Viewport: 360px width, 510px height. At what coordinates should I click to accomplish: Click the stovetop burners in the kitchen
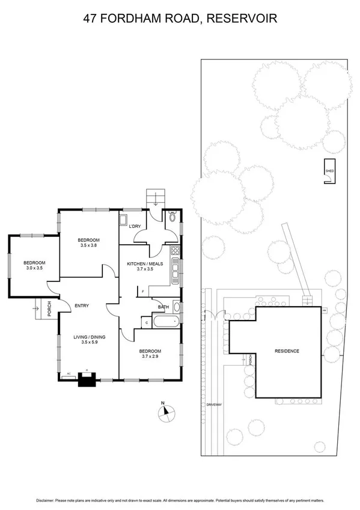tap(175, 251)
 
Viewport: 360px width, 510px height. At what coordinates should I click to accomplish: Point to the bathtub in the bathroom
tap(165, 322)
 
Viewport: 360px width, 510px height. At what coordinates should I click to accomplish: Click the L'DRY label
tap(135, 226)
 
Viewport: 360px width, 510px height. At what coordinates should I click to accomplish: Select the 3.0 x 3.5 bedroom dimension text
tap(34, 269)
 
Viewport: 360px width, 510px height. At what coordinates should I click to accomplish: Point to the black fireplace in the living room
tap(88, 379)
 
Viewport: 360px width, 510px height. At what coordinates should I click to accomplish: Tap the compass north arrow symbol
tap(166, 412)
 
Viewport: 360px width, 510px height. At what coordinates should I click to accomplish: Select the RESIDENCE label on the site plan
tap(287, 351)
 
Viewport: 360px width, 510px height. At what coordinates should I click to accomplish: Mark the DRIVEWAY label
tap(214, 405)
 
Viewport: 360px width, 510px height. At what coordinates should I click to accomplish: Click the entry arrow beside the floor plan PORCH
tap(38, 308)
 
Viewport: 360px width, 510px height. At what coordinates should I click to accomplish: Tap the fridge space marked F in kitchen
tap(143, 292)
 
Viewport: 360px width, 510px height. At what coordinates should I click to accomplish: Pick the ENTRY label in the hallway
tap(82, 306)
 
